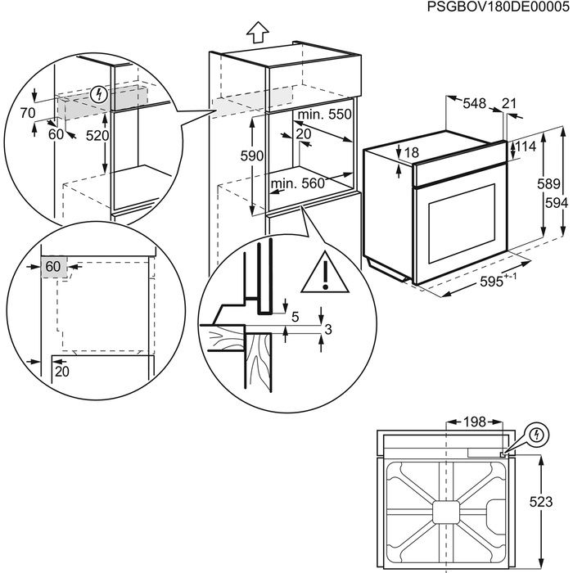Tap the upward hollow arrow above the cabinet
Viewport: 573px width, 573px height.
coord(258,33)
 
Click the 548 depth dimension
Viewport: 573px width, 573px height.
coord(474,103)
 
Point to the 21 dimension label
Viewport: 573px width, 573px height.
coord(508,103)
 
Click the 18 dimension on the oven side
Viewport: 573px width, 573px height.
coord(411,152)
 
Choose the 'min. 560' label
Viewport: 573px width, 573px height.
coord(298,183)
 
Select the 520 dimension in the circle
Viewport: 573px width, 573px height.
coord(97,135)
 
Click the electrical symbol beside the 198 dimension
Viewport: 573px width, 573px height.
coord(536,434)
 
